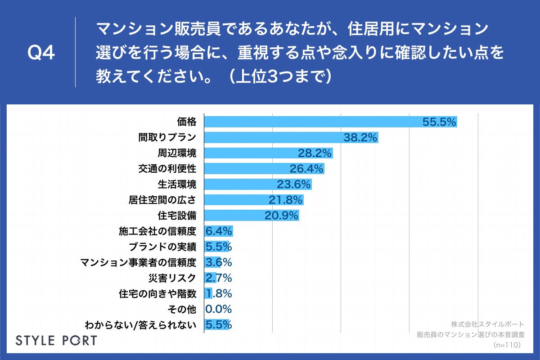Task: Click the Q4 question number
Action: tap(41, 53)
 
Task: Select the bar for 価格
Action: tap(315, 122)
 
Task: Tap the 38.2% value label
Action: tap(360, 138)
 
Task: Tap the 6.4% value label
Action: tap(219, 231)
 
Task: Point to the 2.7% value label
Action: tap(219, 278)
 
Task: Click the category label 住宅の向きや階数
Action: tap(157, 293)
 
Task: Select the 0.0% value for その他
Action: tap(219, 309)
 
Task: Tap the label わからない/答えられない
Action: tap(140, 324)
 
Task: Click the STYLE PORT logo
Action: tap(56, 340)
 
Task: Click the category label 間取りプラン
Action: tap(167, 138)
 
